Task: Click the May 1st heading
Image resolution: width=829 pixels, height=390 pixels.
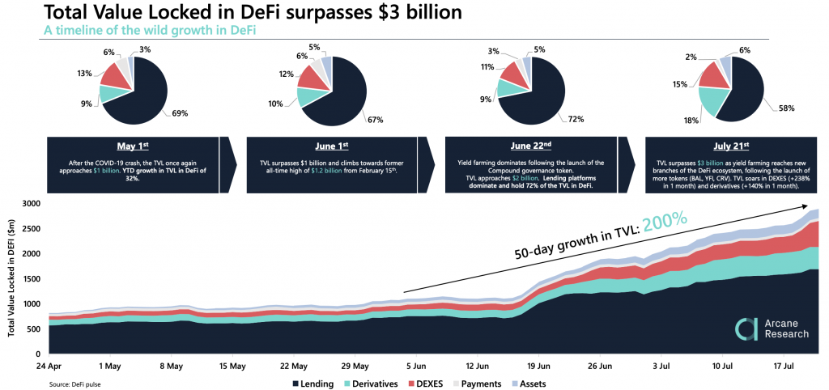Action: (134, 147)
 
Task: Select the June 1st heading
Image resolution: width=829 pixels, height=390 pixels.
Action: (332, 147)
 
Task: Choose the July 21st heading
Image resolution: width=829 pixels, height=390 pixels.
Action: (730, 147)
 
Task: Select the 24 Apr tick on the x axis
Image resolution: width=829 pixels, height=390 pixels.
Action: (51, 366)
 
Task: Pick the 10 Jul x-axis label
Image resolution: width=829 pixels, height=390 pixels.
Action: (723, 366)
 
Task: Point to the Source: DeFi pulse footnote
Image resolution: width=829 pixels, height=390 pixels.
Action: (74, 383)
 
